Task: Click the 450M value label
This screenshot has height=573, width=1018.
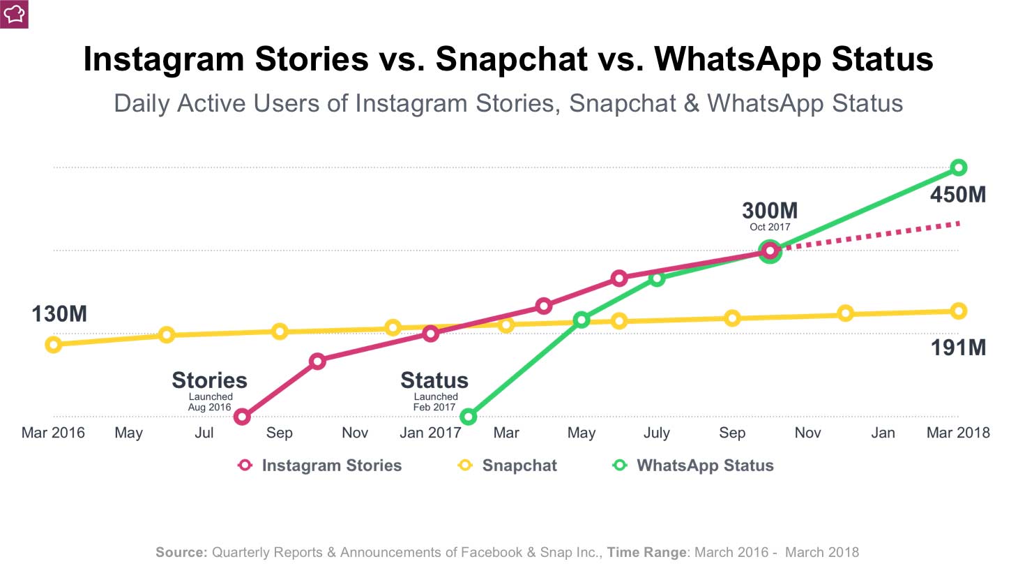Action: click(x=958, y=195)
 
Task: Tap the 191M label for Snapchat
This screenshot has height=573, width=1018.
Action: click(x=958, y=348)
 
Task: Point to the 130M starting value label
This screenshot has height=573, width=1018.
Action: click(x=59, y=314)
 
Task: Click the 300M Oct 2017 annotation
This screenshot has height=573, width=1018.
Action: click(x=770, y=211)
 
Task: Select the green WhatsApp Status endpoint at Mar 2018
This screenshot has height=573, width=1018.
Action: click(x=959, y=168)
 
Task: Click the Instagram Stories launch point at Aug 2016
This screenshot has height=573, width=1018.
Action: click(x=242, y=417)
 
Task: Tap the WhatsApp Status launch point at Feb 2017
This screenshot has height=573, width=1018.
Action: click(x=469, y=417)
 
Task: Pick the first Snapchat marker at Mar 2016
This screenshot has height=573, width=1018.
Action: click(x=54, y=344)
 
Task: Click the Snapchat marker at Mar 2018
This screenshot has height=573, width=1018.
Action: click(x=959, y=311)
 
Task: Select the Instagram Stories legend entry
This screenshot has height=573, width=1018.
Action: click(x=320, y=466)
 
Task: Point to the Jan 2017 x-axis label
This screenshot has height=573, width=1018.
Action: click(x=430, y=433)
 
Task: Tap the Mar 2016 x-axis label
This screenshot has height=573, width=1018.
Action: click(x=53, y=433)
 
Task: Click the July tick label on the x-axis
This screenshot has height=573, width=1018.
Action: click(x=657, y=433)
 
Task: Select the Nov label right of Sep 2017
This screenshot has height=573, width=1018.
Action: click(x=807, y=433)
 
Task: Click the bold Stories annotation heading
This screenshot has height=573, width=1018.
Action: click(x=209, y=380)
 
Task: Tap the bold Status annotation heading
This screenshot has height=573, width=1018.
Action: click(x=434, y=380)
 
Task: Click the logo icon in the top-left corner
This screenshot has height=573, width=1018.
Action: click(x=14, y=14)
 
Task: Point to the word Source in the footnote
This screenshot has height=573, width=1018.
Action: click(x=181, y=552)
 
